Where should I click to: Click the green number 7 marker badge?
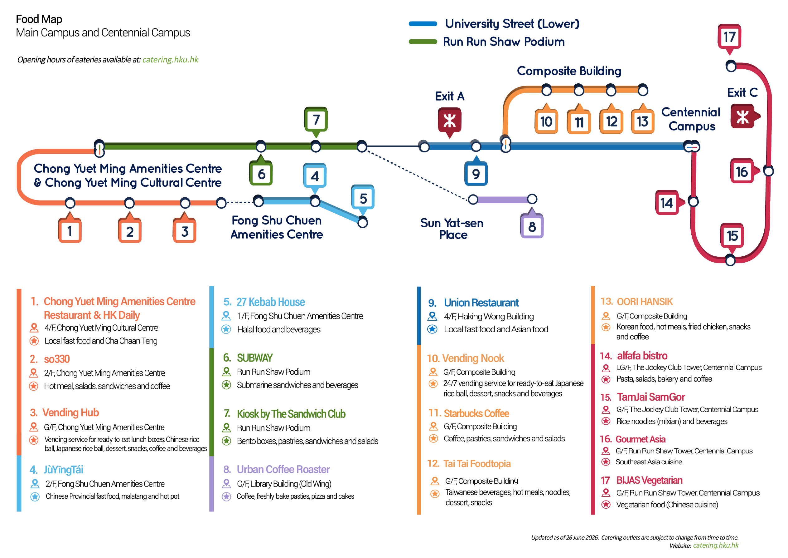(x=316, y=120)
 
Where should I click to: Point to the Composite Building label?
(x=569, y=71)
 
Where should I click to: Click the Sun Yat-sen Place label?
(x=452, y=229)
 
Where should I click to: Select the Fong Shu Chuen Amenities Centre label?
(x=277, y=227)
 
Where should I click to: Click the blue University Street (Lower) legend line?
(x=423, y=24)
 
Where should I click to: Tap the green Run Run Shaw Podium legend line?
(x=423, y=42)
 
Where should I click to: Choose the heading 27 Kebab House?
(x=270, y=302)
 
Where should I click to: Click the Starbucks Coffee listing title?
(x=476, y=413)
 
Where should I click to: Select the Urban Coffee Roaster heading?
(x=283, y=469)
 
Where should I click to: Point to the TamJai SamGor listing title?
(x=651, y=397)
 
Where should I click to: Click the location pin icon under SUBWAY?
(x=226, y=372)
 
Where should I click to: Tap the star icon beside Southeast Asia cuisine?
(x=606, y=462)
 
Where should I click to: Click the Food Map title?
(x=39, y=19)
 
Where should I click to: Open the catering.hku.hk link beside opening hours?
(x=170, y=60)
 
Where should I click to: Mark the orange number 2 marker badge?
(x=130, y=230)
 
